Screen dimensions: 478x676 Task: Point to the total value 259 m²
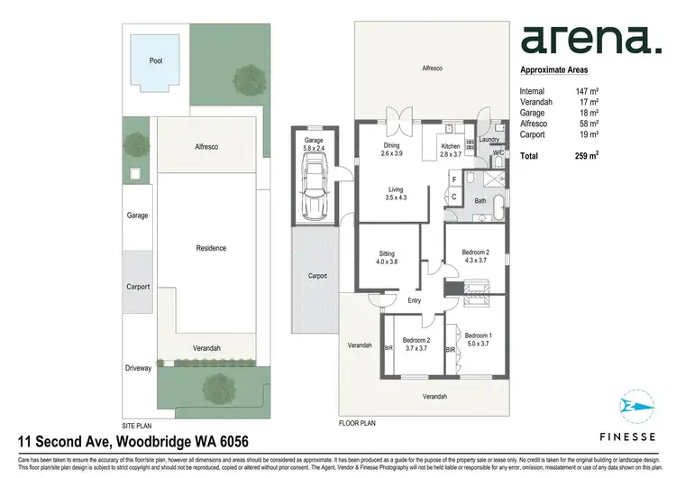pyautogui.click(x=588, y=156)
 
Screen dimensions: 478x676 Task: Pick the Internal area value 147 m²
pyautogui.click(x=588, y=91)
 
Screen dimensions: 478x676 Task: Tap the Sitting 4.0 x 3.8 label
pyautogui.click(x=387, y=258)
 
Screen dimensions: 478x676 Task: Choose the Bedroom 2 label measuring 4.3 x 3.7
pyautogui.click(x=475, y=255)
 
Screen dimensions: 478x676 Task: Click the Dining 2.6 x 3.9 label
pyautogui.click(x=391, y=150)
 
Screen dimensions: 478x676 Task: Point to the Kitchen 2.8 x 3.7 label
pyautogui.click(x=450, y=150)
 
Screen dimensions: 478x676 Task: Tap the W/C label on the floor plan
pyautogui.click(x=498, y=153)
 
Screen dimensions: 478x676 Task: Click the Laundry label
pyautogui.click(x=489, y=140)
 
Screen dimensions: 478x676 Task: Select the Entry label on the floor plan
pyautogui.click(x=414, y=300)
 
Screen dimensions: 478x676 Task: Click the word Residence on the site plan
pyautogui.click(x=211, y=248)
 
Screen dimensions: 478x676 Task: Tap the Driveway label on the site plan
pyautogui.click(x=139, y=368)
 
